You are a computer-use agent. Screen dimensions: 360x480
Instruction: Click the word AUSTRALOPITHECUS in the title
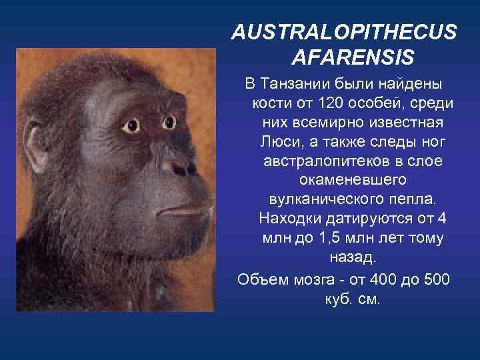click(344, 32)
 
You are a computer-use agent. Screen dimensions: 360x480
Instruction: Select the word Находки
click(289, 219)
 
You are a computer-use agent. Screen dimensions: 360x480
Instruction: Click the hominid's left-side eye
click(130, 125)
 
